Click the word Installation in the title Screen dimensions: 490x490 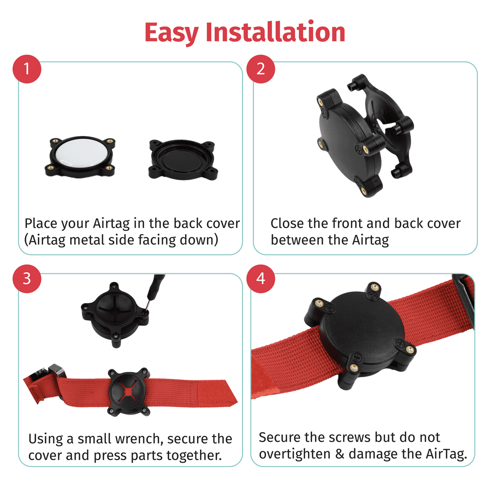[x=275, y=32]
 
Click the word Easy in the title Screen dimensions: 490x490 [x=171, y=32]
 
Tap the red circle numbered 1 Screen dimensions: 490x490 [x=26, y=69]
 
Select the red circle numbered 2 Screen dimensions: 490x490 [x=260, y=69]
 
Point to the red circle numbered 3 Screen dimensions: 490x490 [x=26, y=278]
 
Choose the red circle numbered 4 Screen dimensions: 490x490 [x=260, y=278]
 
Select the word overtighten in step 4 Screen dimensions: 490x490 [x=294, y=454]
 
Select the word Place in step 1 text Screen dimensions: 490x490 [x=41, y=223]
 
